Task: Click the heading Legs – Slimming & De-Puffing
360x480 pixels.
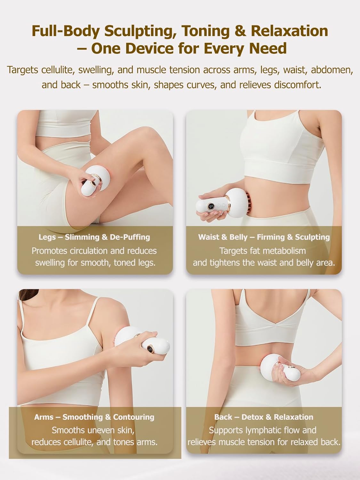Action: pos(94,237)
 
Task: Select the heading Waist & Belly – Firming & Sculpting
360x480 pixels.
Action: pos(264,237)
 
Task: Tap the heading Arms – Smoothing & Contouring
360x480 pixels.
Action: pos(94,417)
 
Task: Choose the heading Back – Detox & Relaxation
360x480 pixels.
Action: pos(264,417)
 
